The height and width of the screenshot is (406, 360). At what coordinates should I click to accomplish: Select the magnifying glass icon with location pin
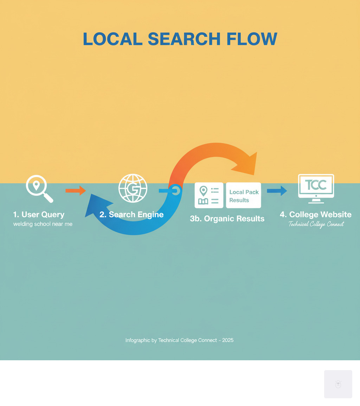click(x=39, y=188)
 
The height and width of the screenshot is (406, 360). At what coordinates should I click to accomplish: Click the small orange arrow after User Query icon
click(x=76, y=190)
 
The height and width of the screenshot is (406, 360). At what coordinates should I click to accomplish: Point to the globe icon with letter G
click(x=133, y=188)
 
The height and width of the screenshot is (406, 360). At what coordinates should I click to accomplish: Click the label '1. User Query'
click(x=39, y=214)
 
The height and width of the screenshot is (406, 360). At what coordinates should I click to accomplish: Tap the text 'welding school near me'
click(x=43, y=224)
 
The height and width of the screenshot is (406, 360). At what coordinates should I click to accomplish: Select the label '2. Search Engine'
click(x=131, y=214)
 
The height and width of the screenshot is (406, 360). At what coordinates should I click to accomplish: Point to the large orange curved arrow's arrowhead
click(x=246, y=164)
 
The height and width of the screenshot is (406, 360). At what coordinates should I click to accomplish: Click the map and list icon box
click(x=209, y=196)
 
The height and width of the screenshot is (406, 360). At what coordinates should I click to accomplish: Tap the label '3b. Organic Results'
click(x=227, y=218)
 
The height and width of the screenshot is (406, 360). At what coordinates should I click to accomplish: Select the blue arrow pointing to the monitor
click(x=277, y=191)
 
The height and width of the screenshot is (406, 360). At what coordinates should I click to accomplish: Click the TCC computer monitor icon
click(x=316, y=188)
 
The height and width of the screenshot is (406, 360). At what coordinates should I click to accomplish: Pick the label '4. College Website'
click(x=316, y=214)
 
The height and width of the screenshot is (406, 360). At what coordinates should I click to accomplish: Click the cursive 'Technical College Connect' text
click(x=316, y=224)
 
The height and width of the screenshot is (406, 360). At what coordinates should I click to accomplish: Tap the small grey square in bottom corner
click(x=338, y=384)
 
